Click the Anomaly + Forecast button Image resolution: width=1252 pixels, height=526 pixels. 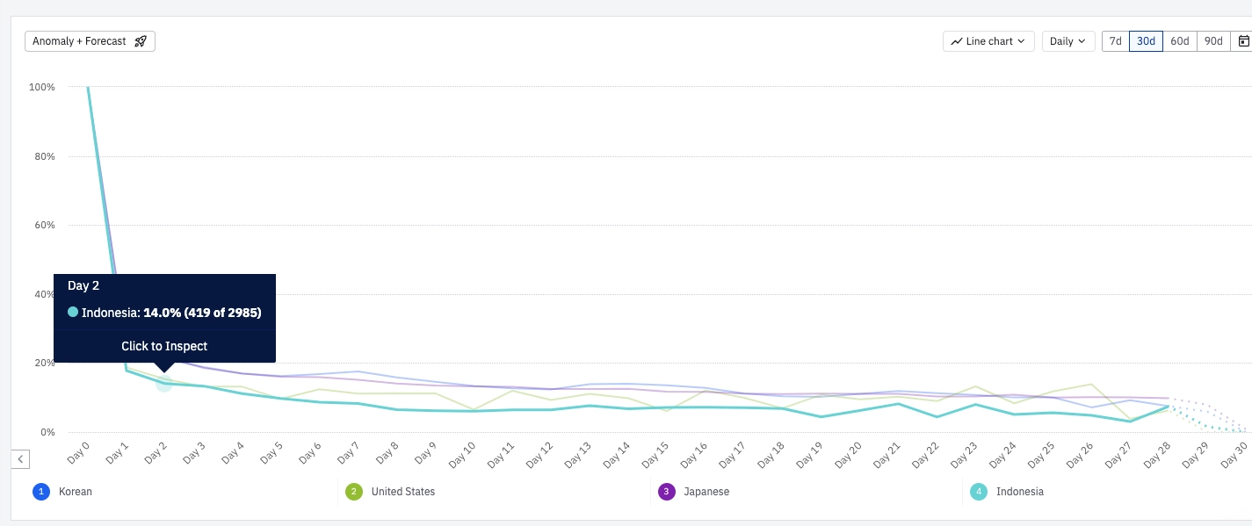point(90,41)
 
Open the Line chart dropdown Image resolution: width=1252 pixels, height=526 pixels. point(988,41)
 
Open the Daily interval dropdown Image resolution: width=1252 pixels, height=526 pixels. point(1067,41)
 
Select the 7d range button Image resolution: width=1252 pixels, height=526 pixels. point(1115,41)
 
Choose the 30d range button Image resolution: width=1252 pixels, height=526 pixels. point(1146,41)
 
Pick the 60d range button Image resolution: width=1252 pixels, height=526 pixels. point(1179,41)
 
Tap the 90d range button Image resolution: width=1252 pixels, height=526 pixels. point(1213,41)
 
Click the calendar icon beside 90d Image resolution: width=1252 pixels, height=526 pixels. point(1243,41)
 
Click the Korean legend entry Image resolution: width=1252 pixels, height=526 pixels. point(75,492)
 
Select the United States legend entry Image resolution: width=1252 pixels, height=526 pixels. point(402,492)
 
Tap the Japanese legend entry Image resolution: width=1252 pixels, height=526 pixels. point(706,492)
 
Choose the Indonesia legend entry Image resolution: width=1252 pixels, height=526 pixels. point(1019,492)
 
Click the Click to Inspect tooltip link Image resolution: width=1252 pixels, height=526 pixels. point(164,346)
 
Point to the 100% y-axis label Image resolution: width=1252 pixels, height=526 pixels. point(42,87)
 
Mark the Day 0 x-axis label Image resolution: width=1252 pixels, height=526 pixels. point(78,454)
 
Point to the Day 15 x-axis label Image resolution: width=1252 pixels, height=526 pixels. point(658,454)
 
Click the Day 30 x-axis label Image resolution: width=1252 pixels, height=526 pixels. point(1234,454)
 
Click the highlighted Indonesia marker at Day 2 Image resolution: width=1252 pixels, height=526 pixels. point(163,384)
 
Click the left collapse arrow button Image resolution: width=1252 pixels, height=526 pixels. point(21,458)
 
